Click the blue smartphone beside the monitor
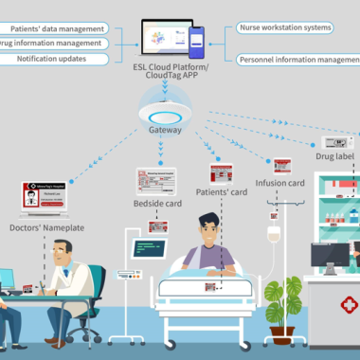(196, 42)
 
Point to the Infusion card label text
(281, 182)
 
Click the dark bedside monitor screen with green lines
(150, 250)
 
